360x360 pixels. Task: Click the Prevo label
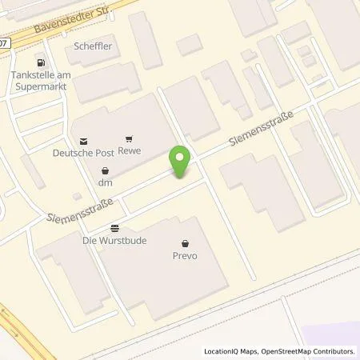pyautogui.click(x=185, y=256)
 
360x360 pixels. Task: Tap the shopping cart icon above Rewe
pyautogui.click(x=128, y=139)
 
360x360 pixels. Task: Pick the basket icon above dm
pyautogui.click(x=106, y=170)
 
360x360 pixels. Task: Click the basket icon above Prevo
pyautogui.click(x=185, y=244)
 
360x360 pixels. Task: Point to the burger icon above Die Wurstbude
pyautogui.click(x=115, y=227)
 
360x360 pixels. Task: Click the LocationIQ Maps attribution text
pyautogui.click(x=233, y=351)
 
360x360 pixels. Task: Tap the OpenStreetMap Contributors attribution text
pyautogui.click(x=310, y=351)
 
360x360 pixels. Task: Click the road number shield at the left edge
pyautogui.click(x=4, y=42)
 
